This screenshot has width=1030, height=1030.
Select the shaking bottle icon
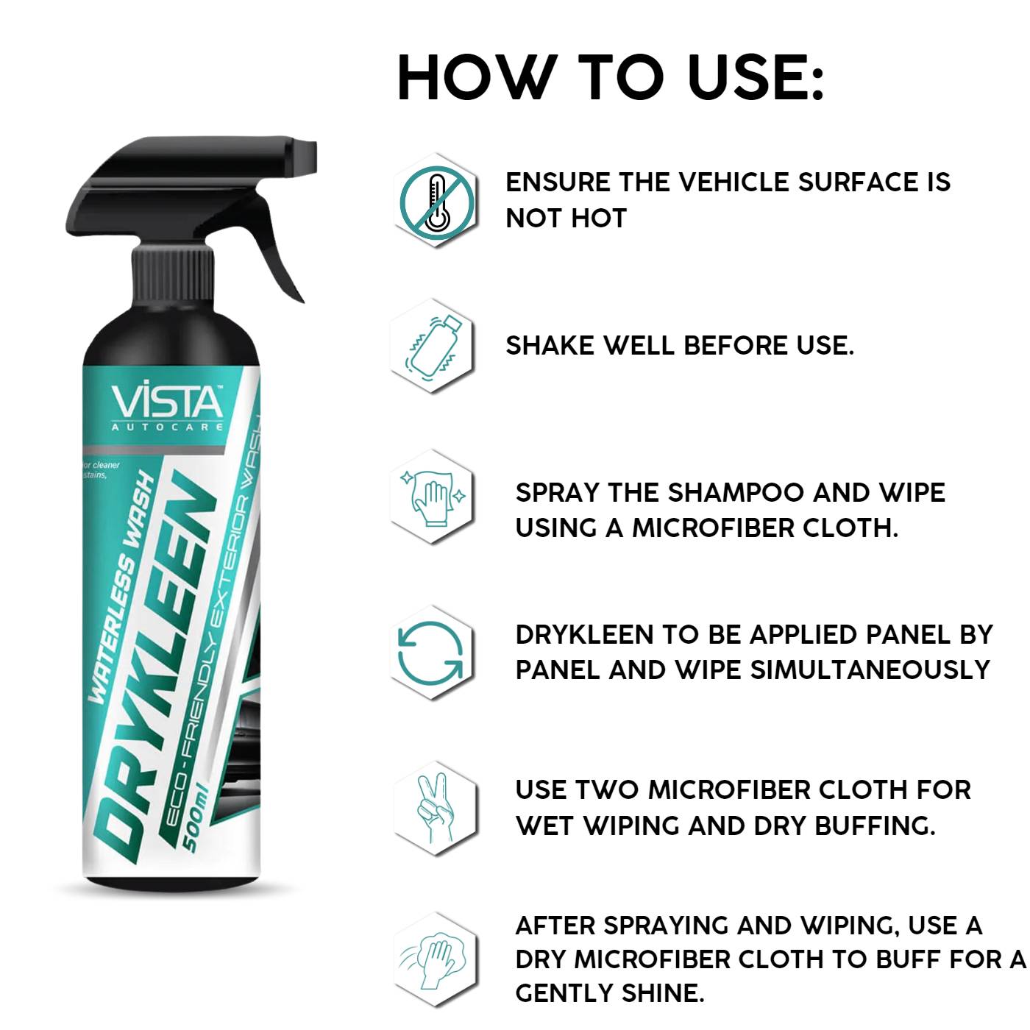coord(432,346)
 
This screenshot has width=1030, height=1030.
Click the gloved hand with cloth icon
coord(432,496)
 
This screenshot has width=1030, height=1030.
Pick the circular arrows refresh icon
coord(431,652)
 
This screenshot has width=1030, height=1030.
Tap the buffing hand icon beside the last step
coord(434,959)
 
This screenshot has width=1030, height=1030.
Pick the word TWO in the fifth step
coord(607,790)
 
